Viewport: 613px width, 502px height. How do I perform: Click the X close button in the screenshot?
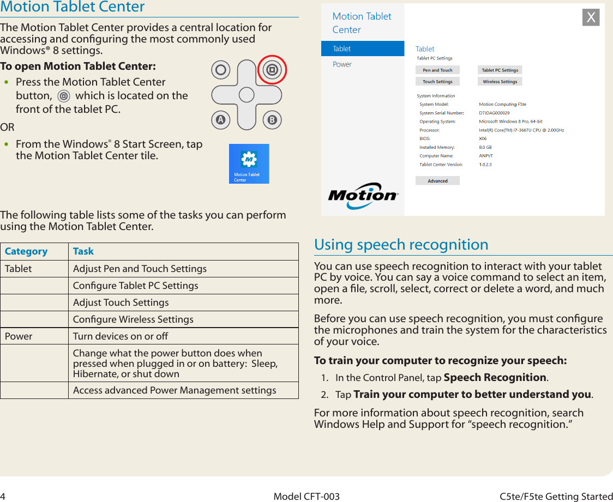(591, 17)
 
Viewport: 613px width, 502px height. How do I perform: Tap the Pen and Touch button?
(437, 70)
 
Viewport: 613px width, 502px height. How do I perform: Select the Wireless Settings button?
(500, 82)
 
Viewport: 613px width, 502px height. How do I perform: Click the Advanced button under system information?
(437, 181)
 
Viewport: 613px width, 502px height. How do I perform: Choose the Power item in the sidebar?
(342, 64)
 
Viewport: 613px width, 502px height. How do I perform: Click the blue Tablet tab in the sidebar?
(363, 49)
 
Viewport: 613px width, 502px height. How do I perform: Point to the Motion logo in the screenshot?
(363, 196)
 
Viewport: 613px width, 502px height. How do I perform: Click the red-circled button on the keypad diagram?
(271, 70)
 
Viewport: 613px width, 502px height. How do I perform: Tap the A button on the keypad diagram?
(220, 120)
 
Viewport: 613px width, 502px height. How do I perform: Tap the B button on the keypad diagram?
(271, 120)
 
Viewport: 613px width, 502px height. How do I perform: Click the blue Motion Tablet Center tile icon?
(249, 164)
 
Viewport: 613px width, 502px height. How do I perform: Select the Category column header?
(26, 251)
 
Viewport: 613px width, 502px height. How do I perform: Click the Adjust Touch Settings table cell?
(121, 303)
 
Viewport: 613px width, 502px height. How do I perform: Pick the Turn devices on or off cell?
(121, 336)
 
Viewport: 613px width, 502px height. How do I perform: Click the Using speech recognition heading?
(401, 244)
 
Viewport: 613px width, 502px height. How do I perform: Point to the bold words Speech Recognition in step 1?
(495, 378)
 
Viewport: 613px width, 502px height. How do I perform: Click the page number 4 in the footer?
(3, 497)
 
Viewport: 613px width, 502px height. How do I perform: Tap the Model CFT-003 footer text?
(306, 497)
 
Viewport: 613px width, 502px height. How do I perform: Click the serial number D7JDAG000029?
(494, 113)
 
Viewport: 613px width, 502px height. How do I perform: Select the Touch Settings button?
(437, 82)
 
